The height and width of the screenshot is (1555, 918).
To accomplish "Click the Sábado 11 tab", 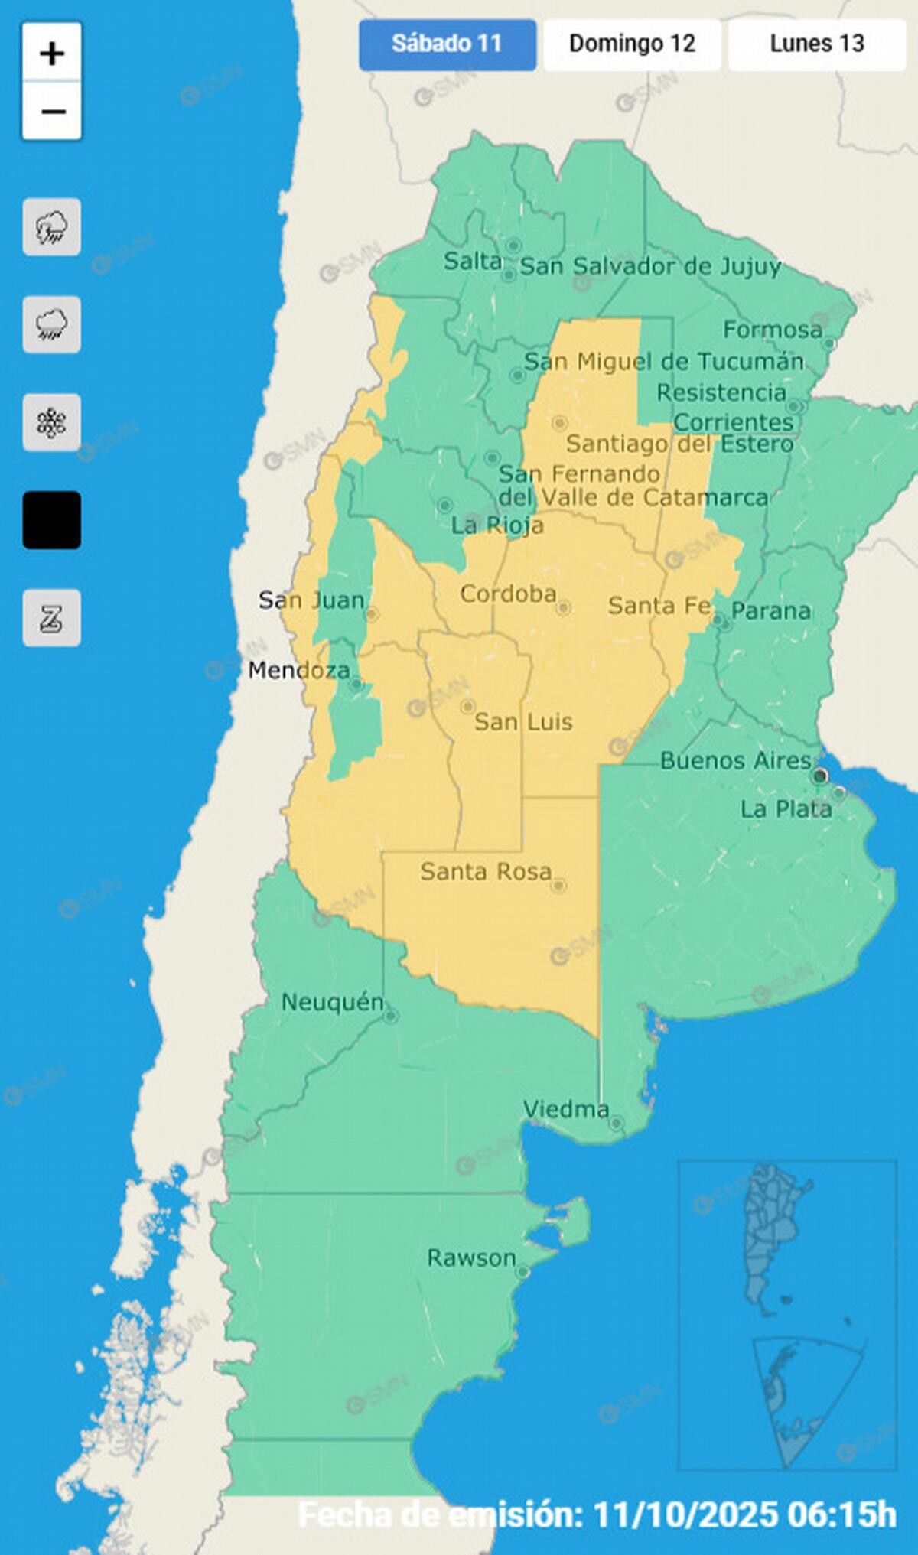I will [x=447, y=44].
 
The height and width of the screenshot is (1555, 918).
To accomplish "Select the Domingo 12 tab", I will [x=632, y=44].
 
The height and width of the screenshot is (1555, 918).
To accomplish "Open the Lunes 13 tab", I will [x=816, y=44].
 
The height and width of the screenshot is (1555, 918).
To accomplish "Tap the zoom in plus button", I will [x=52, y=54].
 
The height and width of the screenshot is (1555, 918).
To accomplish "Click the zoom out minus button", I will [x=52, y=112].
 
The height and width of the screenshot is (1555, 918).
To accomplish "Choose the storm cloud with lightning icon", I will [x=52, y=227].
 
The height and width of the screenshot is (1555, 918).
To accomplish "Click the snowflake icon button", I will [x=52, y=422].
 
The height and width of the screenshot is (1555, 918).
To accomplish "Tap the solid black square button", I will [x=52, y=520].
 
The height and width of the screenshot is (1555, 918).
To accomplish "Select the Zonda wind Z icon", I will [x=52, y=618].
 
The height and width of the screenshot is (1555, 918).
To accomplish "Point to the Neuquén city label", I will [x=332, y=1002].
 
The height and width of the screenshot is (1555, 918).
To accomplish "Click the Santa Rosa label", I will [x=486, y=871].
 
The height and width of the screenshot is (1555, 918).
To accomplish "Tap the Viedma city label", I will [x=566, y=1109].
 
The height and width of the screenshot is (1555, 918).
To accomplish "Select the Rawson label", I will [x=471, y=1257].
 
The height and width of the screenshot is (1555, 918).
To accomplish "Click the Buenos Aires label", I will [x=735, y=760].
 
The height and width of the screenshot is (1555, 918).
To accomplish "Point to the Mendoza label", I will [x=299, y=671].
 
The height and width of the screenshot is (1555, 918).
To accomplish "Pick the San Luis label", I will [x=523, y=721].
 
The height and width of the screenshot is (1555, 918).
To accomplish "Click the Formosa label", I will [x=773, y=330].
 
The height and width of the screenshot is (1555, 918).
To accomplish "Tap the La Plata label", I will [x=786, y=809].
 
